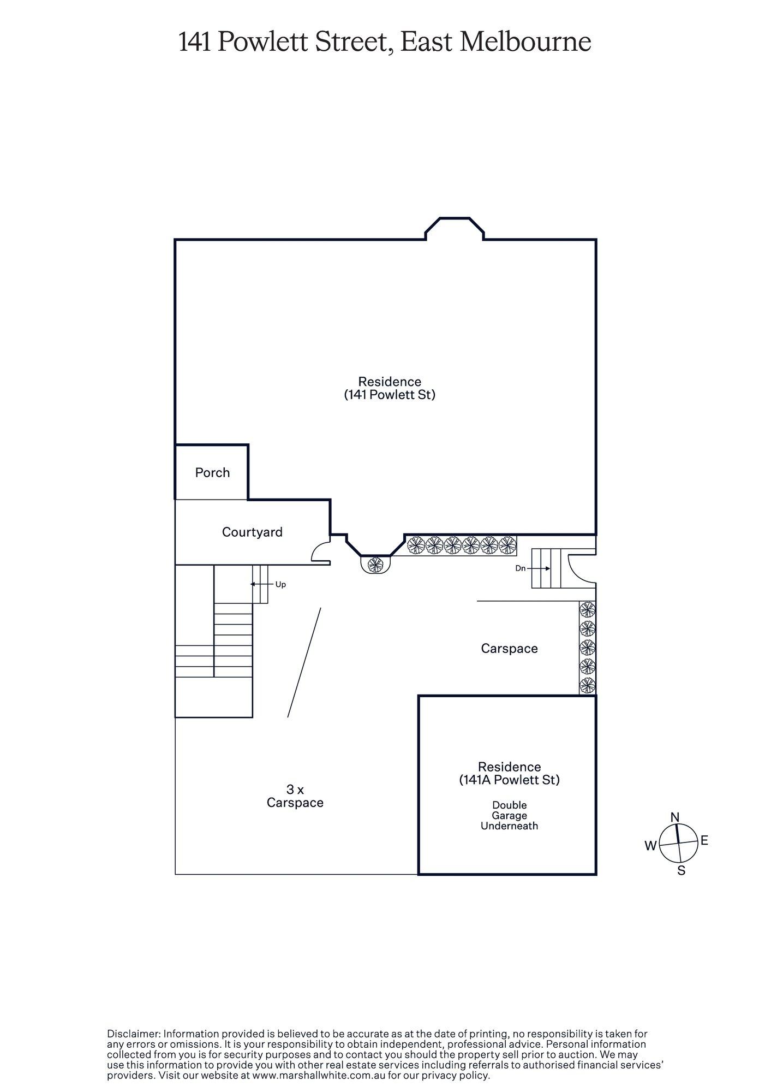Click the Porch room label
[212, 472]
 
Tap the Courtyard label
[252, 532]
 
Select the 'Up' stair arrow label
[280, 584]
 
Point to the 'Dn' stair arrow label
[521, 568]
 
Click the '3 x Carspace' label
[295, 796]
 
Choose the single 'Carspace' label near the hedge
[509, 648]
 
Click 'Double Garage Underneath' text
[509, 816]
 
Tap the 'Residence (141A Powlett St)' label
[509, 773]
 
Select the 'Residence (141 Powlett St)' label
[389, 388]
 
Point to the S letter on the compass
[681, 871]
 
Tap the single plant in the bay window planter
[376, 564]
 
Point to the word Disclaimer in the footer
[133, 1034]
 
